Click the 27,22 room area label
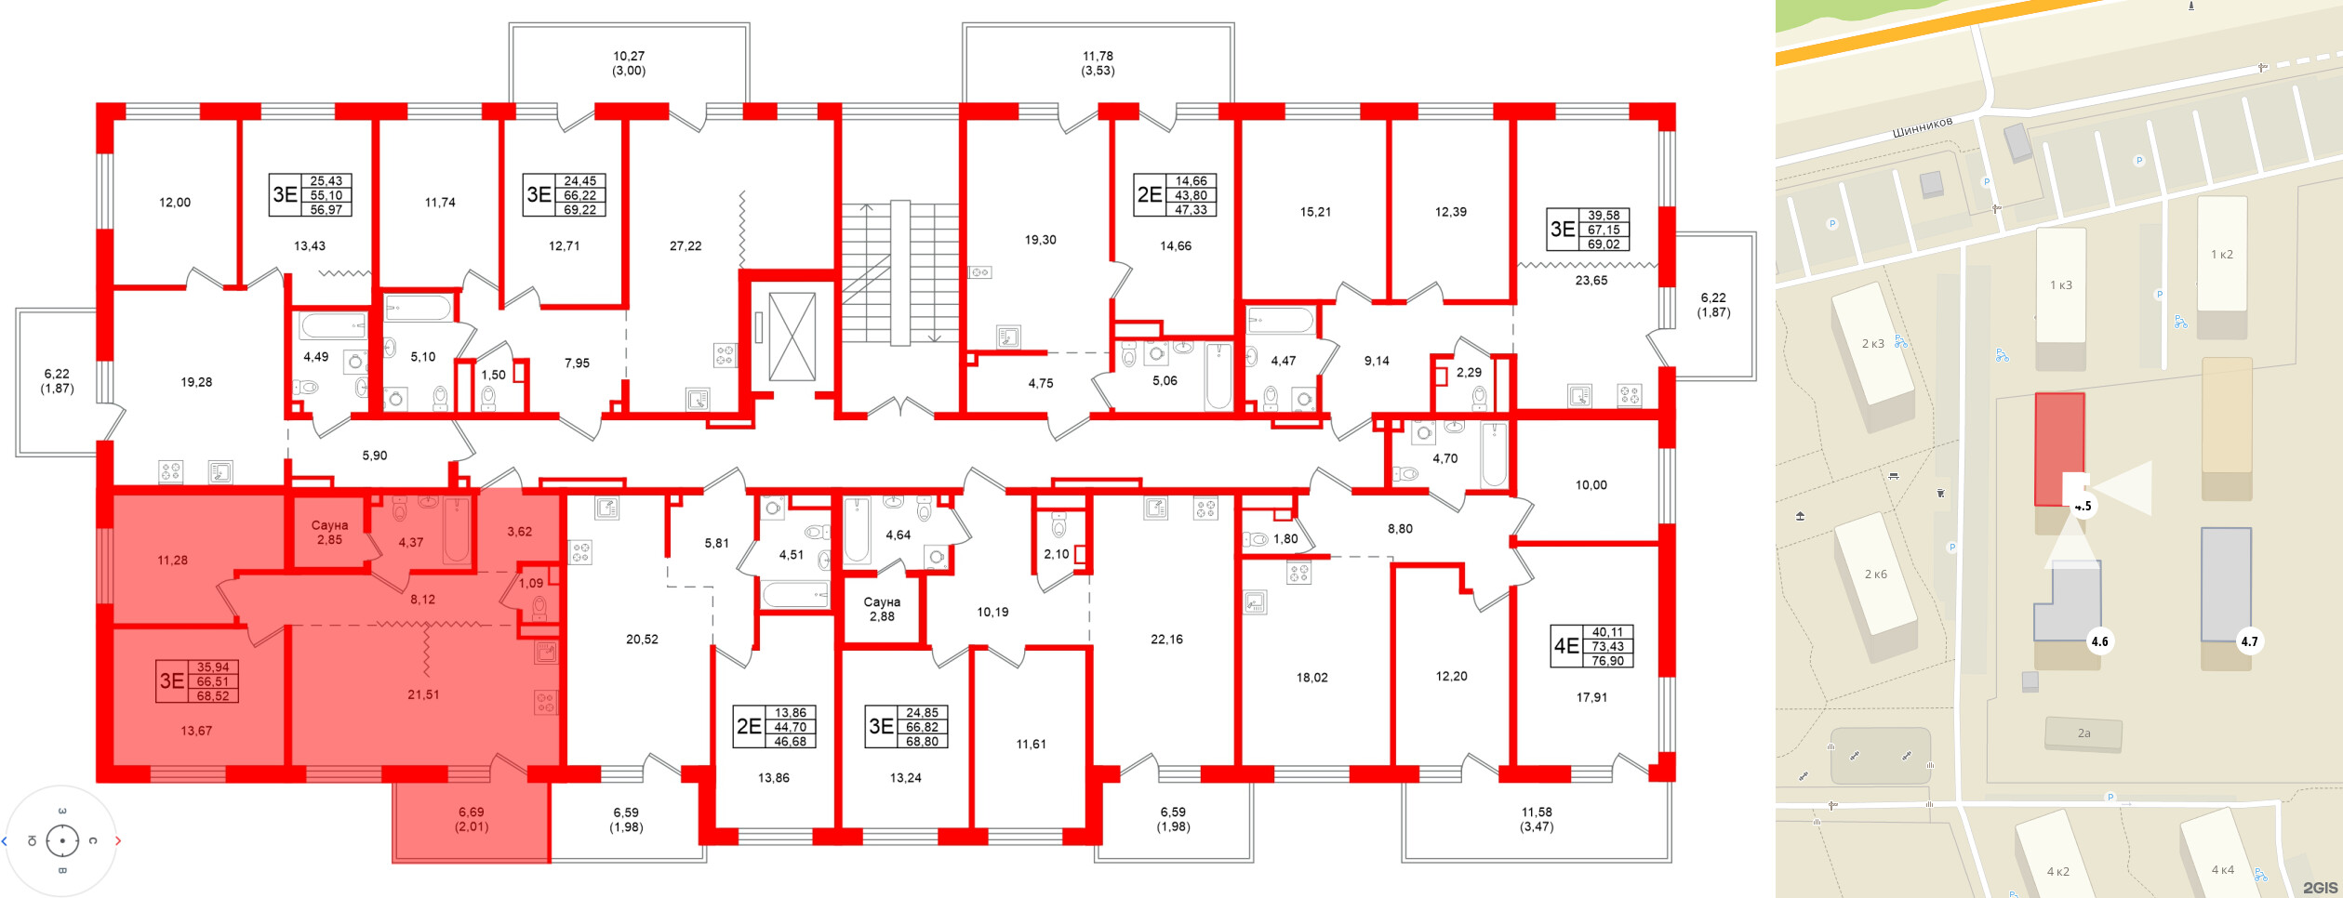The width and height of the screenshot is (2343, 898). pyautogui.click(x=686, y=246)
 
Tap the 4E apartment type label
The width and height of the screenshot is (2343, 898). pyautogui.click(x=1566, y=646)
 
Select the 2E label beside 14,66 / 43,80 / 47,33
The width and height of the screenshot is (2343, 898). pyautogui.click(x=1150, y=195)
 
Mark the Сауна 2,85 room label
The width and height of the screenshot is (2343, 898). pyautogui.click(x=329, y=533)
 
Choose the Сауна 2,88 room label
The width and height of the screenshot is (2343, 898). pyautogui.click(x=882, y=609)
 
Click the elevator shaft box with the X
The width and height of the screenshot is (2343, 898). pyautogui.click(x=792, y=337)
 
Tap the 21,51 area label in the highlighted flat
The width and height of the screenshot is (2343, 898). pyautogui.click(x=423, y=694)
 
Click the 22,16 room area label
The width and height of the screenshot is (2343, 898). pyautogui.click(x=1166, y=640)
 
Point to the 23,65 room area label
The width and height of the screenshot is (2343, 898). pyautogui.click(x=1591, y=281)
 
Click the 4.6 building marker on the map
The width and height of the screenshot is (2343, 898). pyautogui.click(x=2099, y=641)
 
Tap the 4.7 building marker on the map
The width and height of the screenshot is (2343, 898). pyautogui.click(x=2249, y=641)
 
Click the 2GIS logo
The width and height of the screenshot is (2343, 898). pyautogui.click(x=2320, y=888)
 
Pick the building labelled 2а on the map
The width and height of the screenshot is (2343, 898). pyautogui.click(x=2083, y=733)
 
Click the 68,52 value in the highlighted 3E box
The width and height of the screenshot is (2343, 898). pyautogui.click(x=213, y=695)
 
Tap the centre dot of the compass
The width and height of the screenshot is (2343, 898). pyautogui.click(x=62, y=841)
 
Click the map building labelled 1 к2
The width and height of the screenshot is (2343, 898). pyautogui.click(x=2221, y=255)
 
